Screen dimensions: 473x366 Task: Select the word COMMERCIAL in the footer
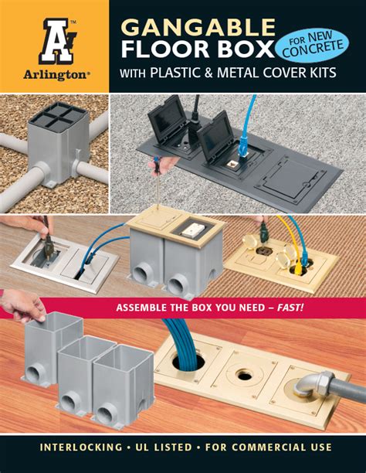(x=278, y=447)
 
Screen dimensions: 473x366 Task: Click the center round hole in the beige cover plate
(x=243, y=374)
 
